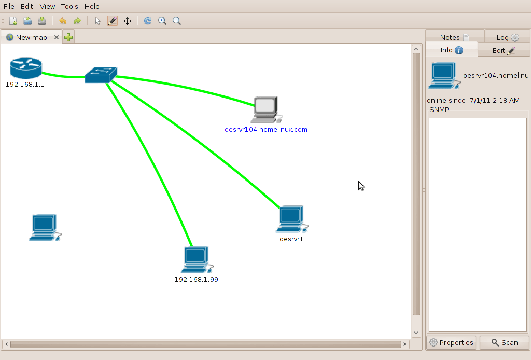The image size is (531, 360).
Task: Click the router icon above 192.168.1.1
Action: [25, 68]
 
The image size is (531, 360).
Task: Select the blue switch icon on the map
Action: [101, 75]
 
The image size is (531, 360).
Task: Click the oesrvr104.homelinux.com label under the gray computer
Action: [265, 129]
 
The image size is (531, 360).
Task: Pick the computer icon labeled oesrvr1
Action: [291, 219]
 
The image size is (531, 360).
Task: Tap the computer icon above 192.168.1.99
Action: [196, 259]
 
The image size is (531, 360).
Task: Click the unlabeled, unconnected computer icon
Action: [44, 227]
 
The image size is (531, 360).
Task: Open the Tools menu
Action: [69, 7]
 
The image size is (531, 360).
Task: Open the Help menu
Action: [92, 7]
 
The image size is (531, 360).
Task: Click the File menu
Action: [9, 7]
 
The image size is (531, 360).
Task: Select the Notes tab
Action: [454, 37]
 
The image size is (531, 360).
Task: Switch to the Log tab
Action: [507, 37]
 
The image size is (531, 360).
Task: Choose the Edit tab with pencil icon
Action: [504, 50]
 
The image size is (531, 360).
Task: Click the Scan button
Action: [504, 342]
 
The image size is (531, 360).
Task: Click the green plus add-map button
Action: [68, 37]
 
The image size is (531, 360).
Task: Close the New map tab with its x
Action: [56, 37]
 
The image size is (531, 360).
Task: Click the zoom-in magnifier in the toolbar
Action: [162, 21]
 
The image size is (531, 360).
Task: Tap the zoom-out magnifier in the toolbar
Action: [177, 21]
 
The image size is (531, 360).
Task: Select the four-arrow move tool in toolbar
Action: [127, 21]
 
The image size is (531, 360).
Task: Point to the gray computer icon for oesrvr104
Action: [265, 109]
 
